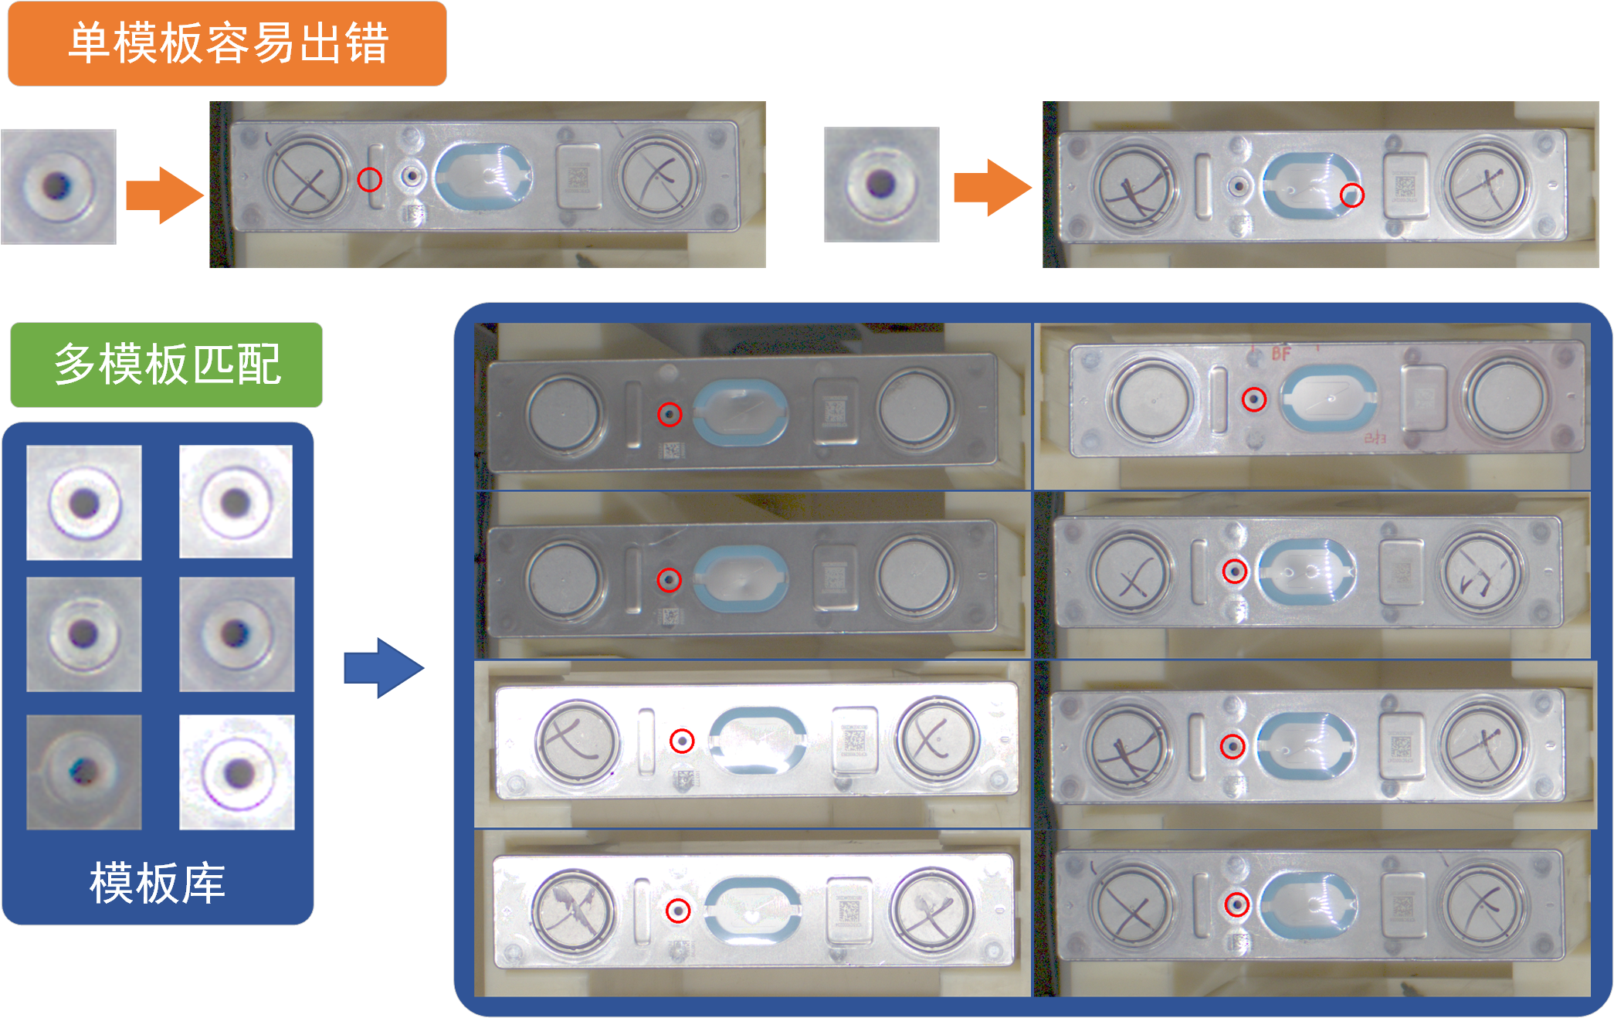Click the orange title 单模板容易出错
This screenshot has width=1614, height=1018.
click(227, 43)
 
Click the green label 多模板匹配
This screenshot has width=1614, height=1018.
click(166, 365)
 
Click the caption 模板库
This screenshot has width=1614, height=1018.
click(158, 883)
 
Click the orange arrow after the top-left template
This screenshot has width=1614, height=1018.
click(164, 195)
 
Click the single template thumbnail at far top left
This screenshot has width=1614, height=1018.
click(59, 187)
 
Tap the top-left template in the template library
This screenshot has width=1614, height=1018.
click(84, 503)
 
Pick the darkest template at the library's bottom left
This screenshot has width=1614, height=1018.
click(84, 772)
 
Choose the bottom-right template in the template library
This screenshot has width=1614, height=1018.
click(237, 772)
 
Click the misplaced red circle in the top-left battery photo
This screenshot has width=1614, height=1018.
click(370, 180)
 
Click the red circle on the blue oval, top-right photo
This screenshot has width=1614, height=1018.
click(1351, 195)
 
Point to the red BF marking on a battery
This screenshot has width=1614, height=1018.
click(1281, 354)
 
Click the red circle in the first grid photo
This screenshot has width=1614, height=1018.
click(670, 415)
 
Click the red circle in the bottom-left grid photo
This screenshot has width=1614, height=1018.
click(678, 911)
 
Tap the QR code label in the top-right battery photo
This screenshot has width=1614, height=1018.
click(1405, 186)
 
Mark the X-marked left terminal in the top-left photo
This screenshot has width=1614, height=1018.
click(307, 178)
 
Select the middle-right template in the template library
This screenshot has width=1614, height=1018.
click(237, 634)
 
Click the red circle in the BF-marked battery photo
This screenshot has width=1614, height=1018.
click(1254, 399)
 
